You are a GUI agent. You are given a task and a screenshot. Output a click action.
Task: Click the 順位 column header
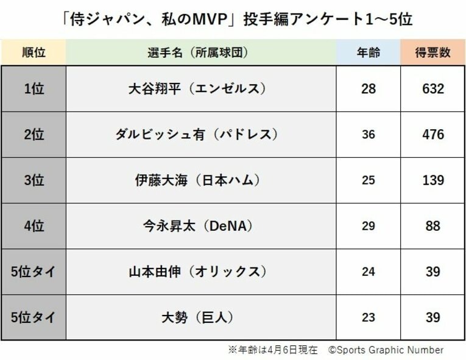pos(34,52)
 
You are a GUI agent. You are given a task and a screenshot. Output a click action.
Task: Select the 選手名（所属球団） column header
pos(200,52)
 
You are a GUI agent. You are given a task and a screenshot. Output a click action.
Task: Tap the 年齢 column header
pos(368,52)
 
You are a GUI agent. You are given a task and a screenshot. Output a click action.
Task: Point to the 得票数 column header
pos(433,52)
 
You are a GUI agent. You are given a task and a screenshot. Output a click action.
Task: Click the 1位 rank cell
pos(34,89)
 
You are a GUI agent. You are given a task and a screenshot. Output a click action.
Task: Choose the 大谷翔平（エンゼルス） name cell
pos(200,89)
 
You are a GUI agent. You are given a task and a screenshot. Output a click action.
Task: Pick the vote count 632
pos(433,89)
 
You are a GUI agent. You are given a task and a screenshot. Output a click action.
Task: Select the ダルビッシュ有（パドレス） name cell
pos(200,135)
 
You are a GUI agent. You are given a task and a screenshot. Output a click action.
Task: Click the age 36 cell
pos(368,135)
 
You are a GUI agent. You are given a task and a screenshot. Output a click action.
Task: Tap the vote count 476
pos(433,135)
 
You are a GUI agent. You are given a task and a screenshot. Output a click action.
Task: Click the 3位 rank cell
pos(34,180)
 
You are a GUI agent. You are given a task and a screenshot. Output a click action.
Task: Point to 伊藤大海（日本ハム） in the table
pos(200,180)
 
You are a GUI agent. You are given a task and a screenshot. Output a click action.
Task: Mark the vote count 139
pos(433,180)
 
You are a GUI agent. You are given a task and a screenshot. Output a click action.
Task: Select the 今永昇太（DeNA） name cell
pos(200,226)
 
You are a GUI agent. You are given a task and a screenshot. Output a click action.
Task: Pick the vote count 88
pos(433,226)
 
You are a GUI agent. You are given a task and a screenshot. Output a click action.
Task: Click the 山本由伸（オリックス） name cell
pos(200,272)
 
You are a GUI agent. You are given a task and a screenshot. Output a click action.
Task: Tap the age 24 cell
pos(368,272)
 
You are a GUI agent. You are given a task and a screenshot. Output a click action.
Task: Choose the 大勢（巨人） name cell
pos(200,317)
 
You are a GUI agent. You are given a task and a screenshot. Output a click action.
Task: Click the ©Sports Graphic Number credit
pos(386,350)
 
